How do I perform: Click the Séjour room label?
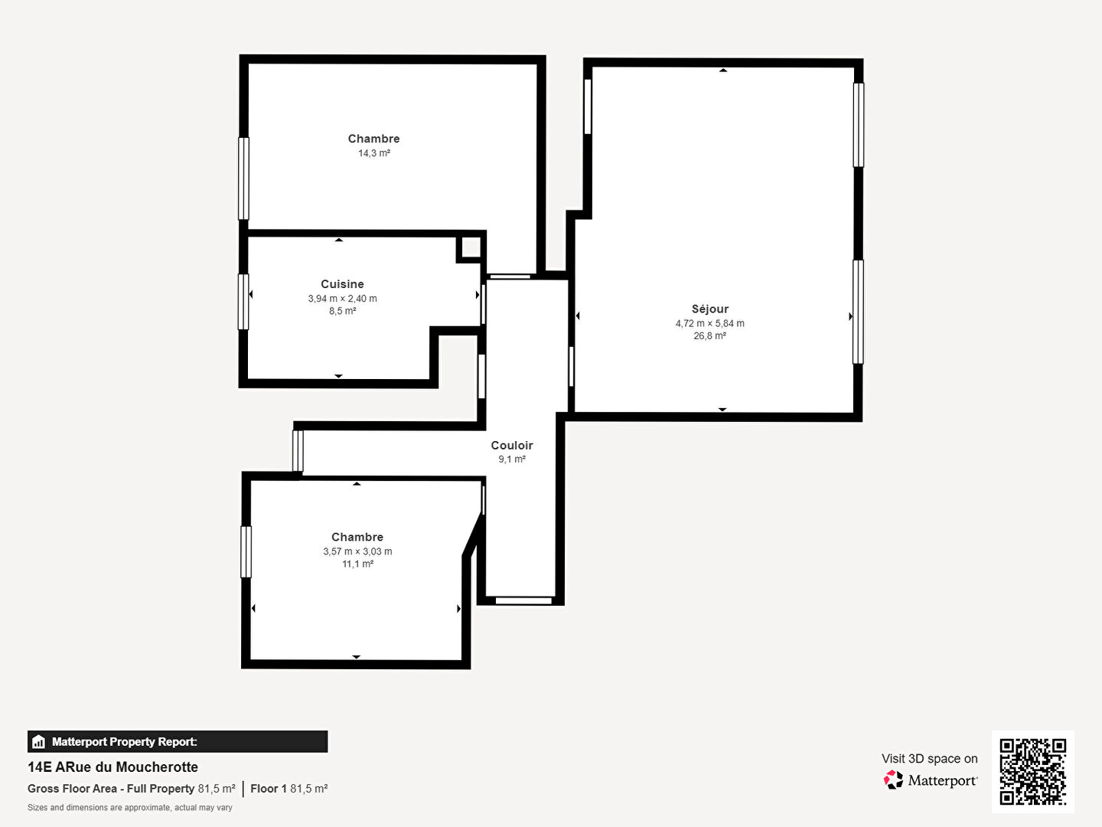coord(710,309)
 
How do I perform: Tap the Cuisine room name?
coord(342,284)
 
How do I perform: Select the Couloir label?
coord(512,446)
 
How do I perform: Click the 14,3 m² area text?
coord(374,153)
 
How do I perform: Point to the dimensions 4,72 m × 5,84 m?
coord(710,323)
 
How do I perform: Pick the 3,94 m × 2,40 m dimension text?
coord(342,299)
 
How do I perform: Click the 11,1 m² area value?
coord(357,564)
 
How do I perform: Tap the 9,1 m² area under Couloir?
coord(512,459)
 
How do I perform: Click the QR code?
coord(1032,771)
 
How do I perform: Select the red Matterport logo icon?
coord(893,780)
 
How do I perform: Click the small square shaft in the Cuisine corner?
coord(471,247)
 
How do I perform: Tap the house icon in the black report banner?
coord(39,742)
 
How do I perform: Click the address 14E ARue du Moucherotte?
coord(113,767)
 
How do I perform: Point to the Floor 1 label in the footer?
coord(269,789)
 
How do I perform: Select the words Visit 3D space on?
coord(929,759)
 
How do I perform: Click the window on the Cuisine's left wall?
coord(243,302)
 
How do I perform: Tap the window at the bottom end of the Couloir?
coord(523,600)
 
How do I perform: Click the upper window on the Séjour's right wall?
coord(859,125)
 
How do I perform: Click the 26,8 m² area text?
coord(710,336)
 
